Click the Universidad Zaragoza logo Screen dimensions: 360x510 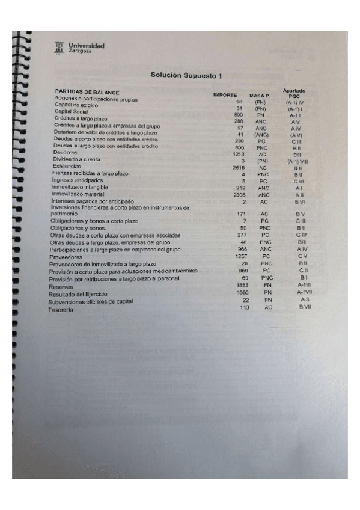tap(80, 47)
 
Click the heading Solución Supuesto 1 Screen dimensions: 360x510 tap(186, 75)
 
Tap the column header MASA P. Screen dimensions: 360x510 tap(260, 96)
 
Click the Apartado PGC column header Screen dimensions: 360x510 tap(294, 93)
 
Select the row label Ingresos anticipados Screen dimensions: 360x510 tap(77, 180)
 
